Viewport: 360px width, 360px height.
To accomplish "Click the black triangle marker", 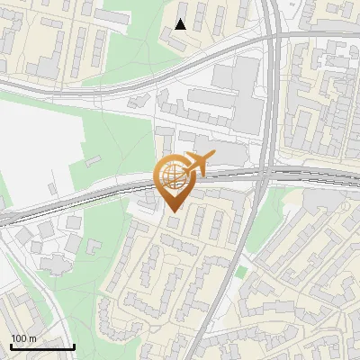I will click(181, 24).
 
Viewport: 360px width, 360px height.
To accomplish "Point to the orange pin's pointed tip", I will click(173, 212).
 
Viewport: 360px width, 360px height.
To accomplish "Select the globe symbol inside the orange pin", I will click(173, 176).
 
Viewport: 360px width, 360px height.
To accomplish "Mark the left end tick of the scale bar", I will click(10, 346).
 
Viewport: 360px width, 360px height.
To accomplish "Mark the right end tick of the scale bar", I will click(74, 346).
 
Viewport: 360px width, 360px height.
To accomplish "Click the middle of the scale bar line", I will click(41, 346).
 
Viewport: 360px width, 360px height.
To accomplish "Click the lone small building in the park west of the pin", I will click(92, 161).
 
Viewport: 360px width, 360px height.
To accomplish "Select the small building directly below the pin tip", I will click(174, 222).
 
